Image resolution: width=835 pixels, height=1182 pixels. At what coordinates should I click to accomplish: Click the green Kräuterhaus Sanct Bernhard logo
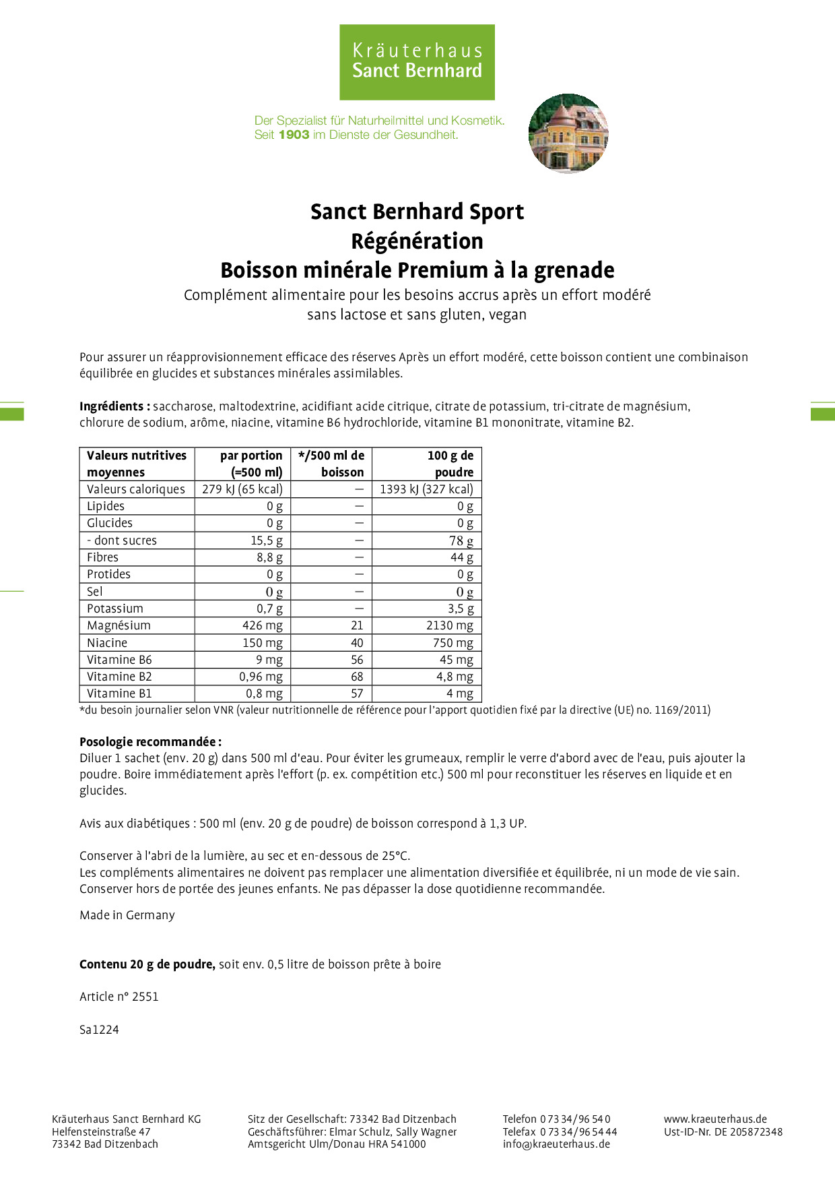point(417,62)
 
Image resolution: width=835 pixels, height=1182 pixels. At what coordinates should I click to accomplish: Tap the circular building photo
point(568,133)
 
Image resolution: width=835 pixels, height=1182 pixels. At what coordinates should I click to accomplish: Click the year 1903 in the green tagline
point(294,135)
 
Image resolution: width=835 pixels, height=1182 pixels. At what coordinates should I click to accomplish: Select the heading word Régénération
point(417,241)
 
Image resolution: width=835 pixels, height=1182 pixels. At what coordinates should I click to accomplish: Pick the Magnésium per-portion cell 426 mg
point(262,625)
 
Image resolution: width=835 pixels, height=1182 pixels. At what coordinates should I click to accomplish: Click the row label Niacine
point(107,643)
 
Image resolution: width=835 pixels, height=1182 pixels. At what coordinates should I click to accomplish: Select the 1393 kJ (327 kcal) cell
point(426,489)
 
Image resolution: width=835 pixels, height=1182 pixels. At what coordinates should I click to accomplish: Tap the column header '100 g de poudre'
point(451,464)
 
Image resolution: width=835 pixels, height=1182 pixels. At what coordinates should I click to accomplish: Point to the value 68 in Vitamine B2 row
point(357,677)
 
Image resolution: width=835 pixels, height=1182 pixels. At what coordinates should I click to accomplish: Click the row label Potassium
point(115,609)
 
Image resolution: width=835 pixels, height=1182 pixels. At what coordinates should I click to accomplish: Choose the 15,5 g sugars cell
point(267,540)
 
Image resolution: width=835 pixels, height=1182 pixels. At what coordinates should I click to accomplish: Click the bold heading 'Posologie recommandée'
point(149,742)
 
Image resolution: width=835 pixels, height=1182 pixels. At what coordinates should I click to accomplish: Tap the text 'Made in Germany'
point(127,915)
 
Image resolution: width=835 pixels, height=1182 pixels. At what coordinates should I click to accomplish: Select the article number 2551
point(145,997)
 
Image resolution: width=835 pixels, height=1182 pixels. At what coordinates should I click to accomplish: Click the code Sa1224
point(99,1030)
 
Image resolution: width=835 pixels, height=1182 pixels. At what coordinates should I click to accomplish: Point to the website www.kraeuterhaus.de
point(715,1119)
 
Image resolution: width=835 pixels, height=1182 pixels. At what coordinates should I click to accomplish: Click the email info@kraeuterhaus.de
point(556,1144)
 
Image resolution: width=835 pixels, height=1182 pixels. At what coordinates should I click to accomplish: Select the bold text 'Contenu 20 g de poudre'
point(147,964)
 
